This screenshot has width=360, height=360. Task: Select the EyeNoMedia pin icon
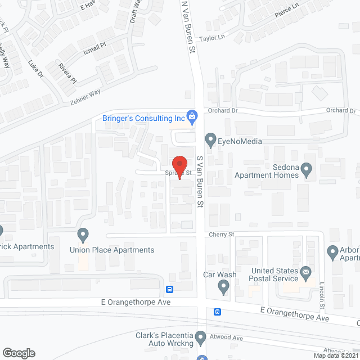(x=210, y=138)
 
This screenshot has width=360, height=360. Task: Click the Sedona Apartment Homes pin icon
(x=307, y=168)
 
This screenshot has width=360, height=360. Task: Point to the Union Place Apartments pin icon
(x=83, y=233)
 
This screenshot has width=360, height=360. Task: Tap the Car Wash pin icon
(x=224, y=288)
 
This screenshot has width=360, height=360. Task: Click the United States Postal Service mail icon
(x=307, y=273)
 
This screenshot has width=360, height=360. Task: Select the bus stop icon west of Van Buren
(x=169, y=290)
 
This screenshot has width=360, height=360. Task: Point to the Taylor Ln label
(x=213, y=38)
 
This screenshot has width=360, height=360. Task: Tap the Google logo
(x=18, y=353)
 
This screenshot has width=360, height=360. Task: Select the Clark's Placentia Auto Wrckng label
(x=164, y=339)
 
